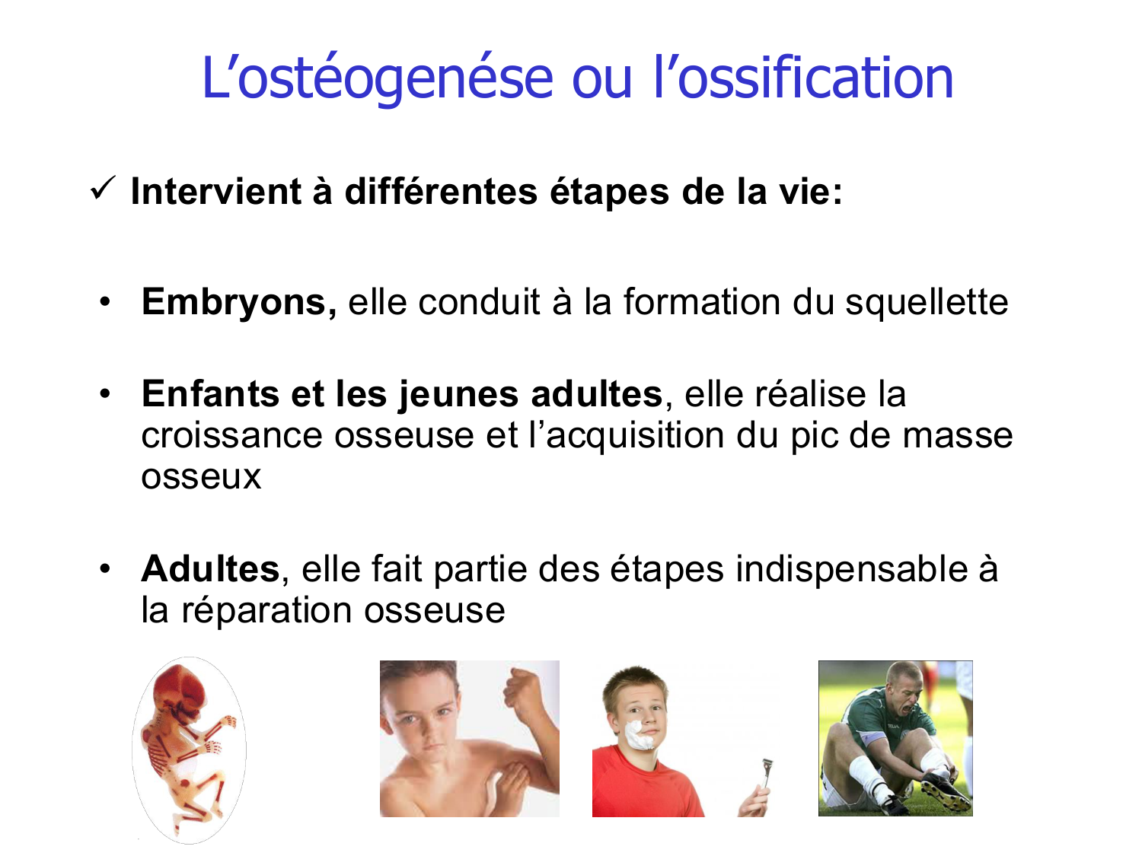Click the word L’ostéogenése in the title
pos(377,78)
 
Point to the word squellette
pos(927,302)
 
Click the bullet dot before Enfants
pos(105,393)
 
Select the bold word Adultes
pos(210,569)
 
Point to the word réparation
pos(266,610)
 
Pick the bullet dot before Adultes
pos(105,569)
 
